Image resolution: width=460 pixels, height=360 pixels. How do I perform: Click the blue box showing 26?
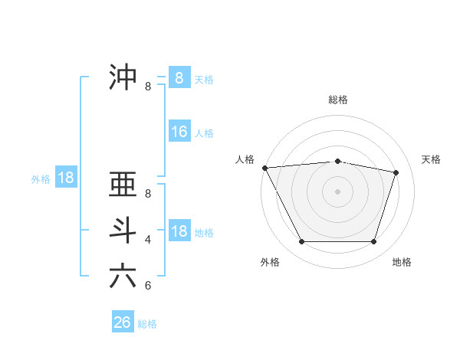[123, 322]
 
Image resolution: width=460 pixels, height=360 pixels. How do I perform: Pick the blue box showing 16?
[179, 132]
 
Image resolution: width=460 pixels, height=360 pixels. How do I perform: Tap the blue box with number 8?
[179, 77]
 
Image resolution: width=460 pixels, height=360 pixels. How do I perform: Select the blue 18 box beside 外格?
[66, 178]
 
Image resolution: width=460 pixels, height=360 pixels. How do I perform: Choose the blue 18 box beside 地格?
[179, 231]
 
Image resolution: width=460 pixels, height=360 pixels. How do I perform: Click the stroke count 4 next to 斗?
[148, 240]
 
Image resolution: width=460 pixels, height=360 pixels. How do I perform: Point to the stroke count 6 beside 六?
[148, 286]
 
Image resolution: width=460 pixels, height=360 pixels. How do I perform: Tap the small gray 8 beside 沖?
[148, 87]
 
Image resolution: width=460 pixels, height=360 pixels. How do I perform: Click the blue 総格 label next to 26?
[147, 324]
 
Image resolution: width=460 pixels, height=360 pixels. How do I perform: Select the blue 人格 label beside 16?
[204, 133]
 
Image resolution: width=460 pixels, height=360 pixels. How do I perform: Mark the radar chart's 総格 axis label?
[338, 100]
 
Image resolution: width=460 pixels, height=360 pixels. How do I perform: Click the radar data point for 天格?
[396, 172]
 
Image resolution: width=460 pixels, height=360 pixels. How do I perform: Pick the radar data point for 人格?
[264, 168]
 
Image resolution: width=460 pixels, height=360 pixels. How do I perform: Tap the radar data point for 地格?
[374, 242]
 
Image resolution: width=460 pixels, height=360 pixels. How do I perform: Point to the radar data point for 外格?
[301, 242]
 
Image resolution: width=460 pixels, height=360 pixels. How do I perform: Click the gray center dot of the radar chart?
[338, 191]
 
